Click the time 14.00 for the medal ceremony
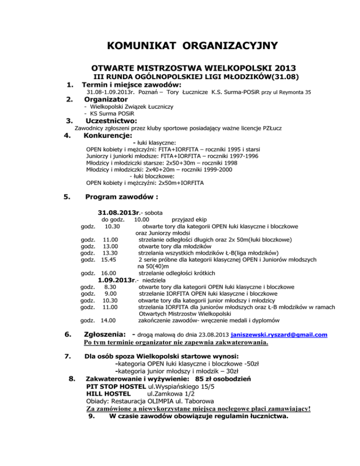(109, 321)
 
